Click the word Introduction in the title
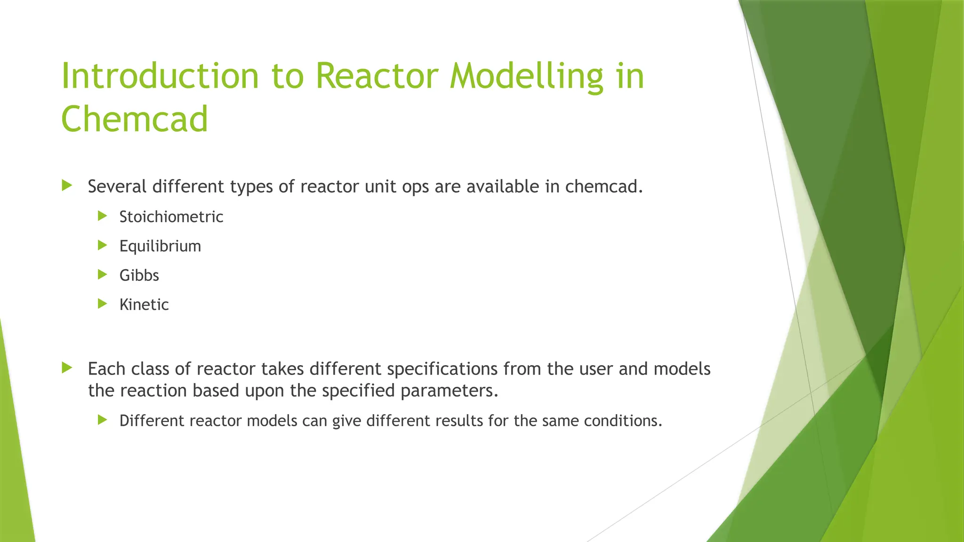coord(160,76)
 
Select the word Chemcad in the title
coord(135,120)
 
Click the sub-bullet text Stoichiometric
coord(171,217)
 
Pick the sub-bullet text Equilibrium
coord(160,246)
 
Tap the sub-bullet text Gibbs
coord(139,275)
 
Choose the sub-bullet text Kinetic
coord(144,304)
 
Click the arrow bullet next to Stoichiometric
coord(102,216)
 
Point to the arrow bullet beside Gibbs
coord(102,274)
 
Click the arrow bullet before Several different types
coord(67,185)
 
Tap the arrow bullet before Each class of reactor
coord(67,367)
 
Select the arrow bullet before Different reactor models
coord(102,420)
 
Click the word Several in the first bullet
coord(117,187)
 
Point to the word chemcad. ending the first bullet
coord(604,187)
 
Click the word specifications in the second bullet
coord(442,369)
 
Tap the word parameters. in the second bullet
coord(449,391)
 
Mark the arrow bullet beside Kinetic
coord(102,303)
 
